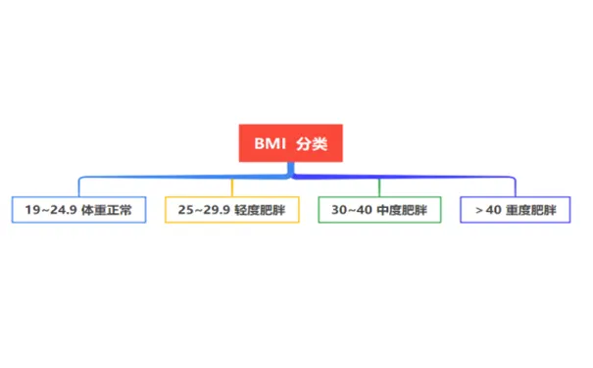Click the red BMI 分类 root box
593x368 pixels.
tap(291, 143)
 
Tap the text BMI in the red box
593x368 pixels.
tap(270, 143)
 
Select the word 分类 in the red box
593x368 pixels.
tap(313, 143)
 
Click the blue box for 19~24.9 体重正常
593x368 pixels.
tap(78, 210)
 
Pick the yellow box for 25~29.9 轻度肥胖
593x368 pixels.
tap(231, 210)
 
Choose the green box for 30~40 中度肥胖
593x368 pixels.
tap(379, 210)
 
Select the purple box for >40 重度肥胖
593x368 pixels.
tap(515, 210)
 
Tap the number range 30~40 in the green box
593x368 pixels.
tap(352, 210)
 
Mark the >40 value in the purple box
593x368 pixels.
tap(488, 210)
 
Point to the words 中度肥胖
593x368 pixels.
tap(403, 210)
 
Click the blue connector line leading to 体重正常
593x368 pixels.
tap(147, 178)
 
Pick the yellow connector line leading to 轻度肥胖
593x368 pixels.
tap(231, 186)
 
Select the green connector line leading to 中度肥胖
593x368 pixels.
tap(379, 186)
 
